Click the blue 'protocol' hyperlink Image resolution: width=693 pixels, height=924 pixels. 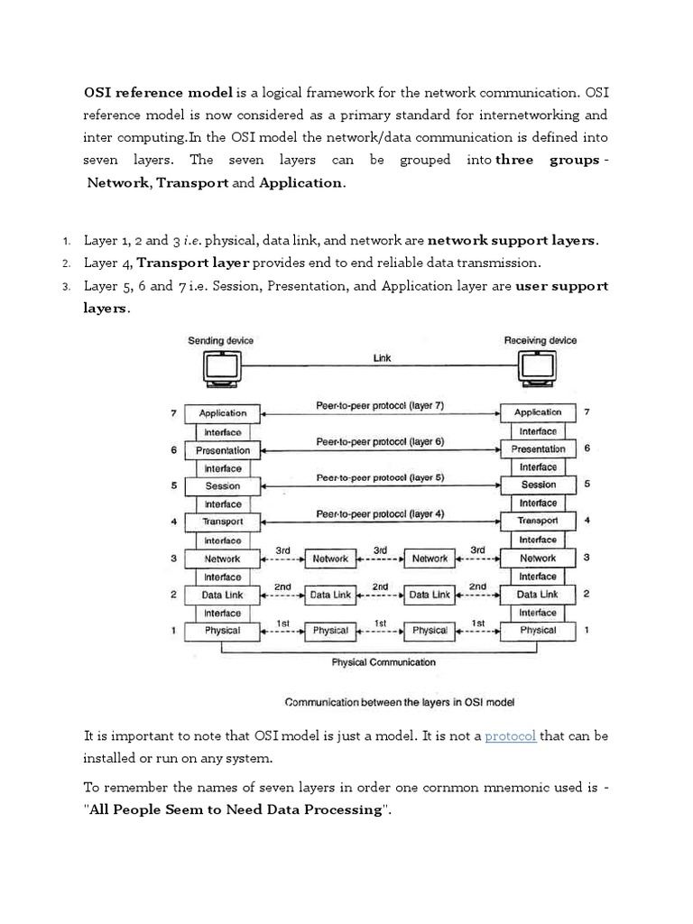click(x=511, y=736)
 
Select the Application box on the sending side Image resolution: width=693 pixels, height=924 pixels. click(x=223, y=413)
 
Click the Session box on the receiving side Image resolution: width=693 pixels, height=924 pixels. click(x=539, y=485)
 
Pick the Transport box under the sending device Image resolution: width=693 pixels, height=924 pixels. click(x=223, y=522)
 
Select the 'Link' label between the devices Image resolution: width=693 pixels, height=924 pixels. click(x=383, y=358)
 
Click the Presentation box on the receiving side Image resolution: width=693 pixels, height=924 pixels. click(x=539, y=448)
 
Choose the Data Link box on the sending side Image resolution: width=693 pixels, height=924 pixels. click(x=223, y=595)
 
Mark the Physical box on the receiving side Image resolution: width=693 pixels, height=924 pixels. click(x=539, y=630)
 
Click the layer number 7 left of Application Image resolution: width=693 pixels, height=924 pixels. click(x=171, y=413)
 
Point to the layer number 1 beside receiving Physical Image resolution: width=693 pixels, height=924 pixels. click(x=587, y=630)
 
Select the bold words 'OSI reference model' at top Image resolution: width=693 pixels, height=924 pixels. click(x=159, y=92)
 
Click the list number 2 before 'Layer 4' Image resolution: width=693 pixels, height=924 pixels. click(x=66, y=263)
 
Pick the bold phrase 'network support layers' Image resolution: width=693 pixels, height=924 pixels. click(x=512, y=241)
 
